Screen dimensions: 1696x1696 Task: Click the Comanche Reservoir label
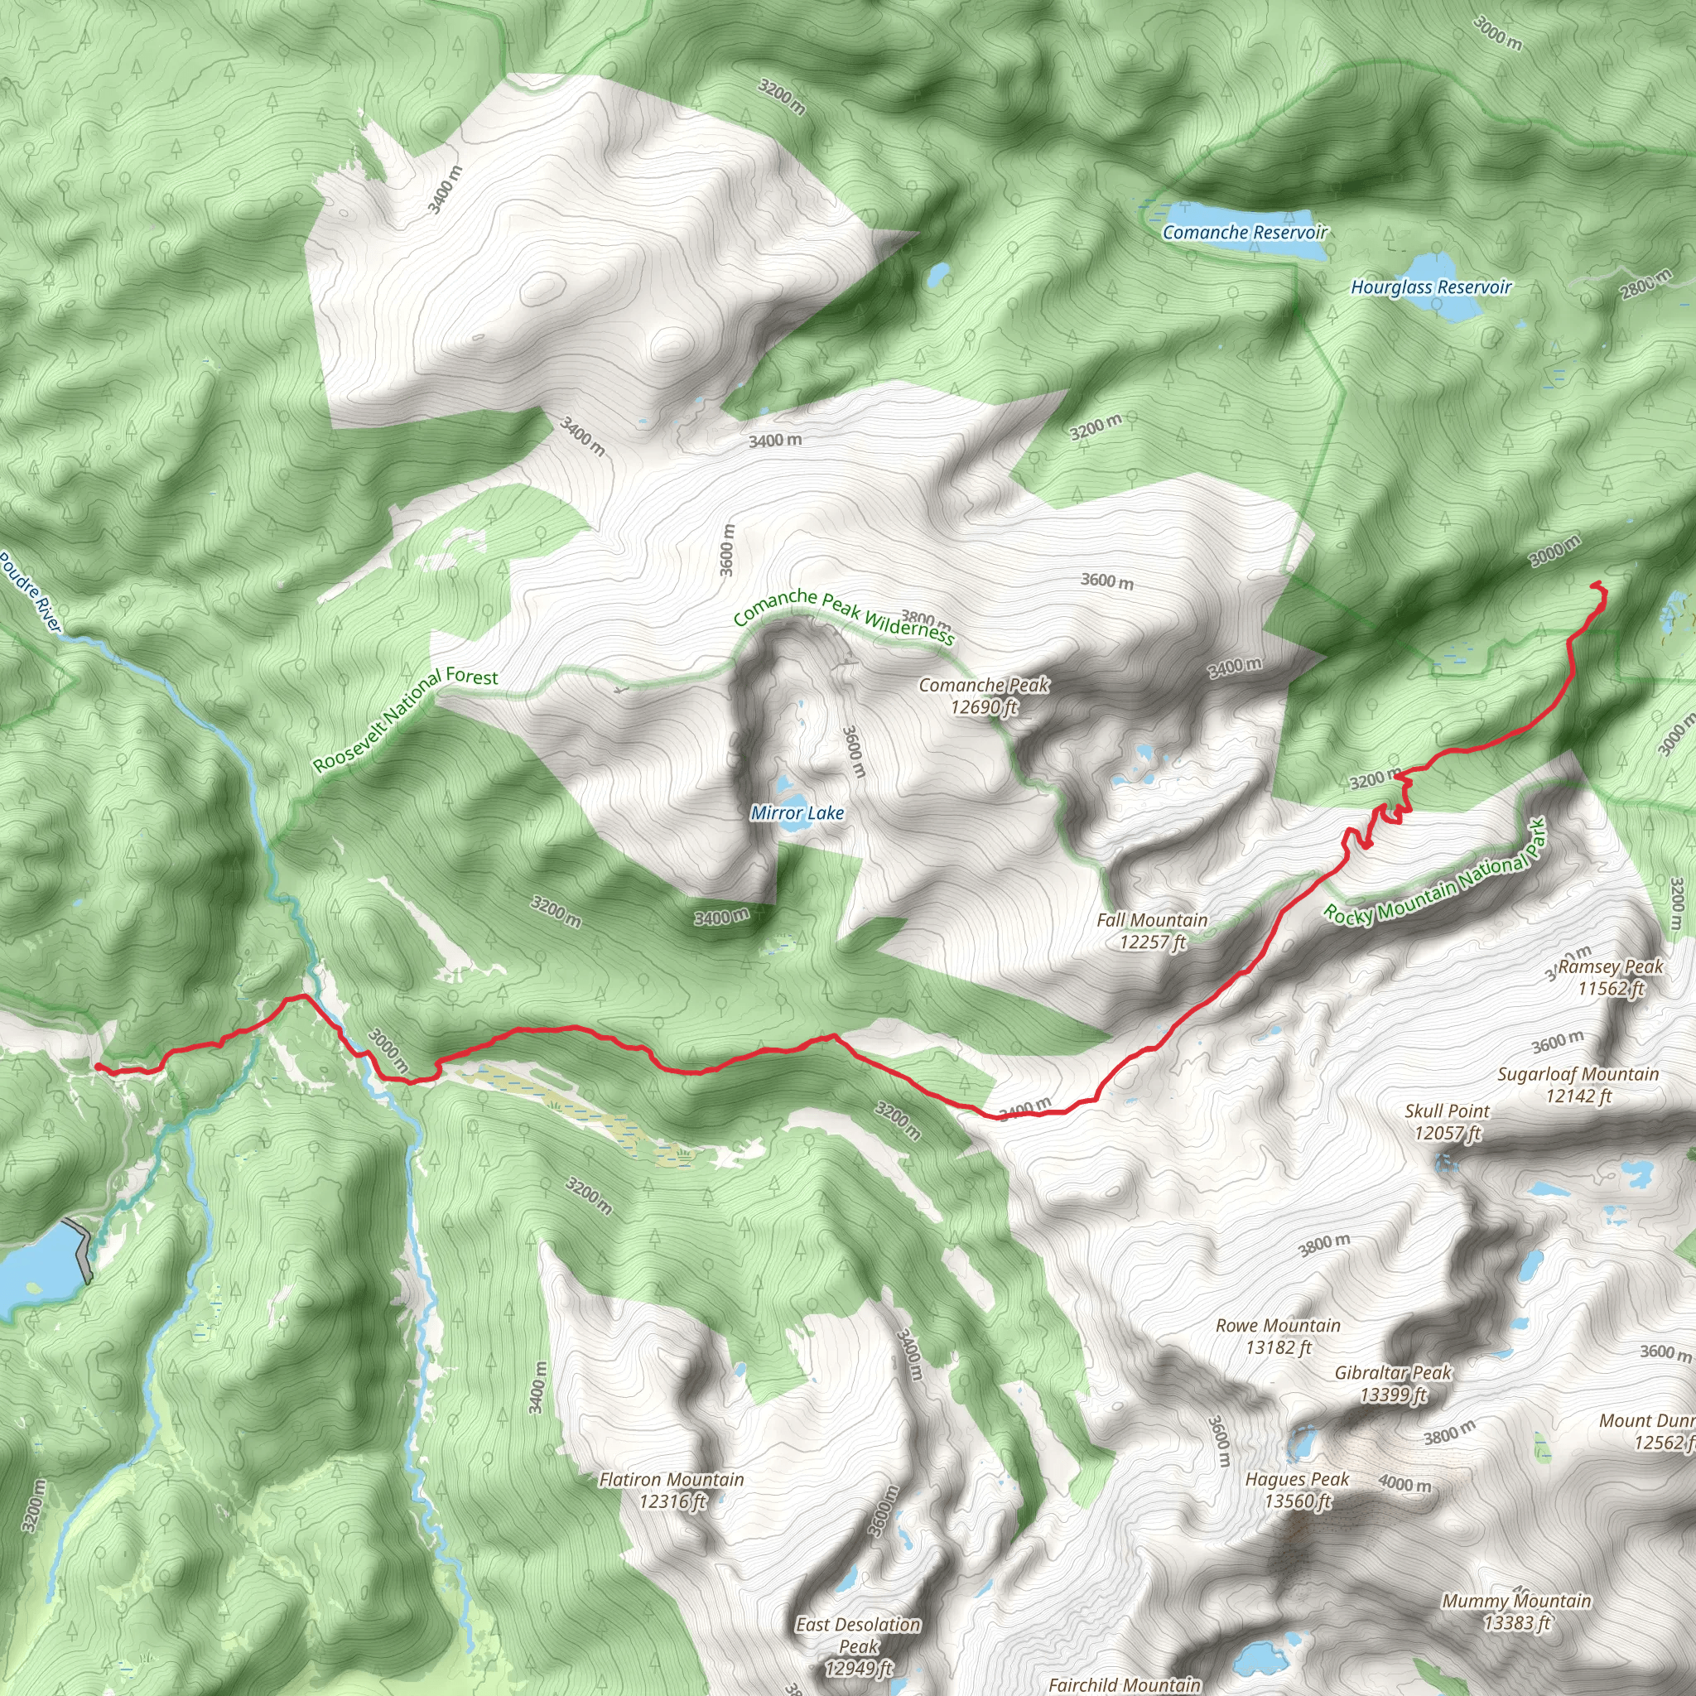[x=1244, y=233]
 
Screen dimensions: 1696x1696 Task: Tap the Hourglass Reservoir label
[x=1431, y=287]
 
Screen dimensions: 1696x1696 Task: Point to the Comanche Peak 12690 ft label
[x=983, y=696]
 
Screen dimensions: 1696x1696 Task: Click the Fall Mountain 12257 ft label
[x=1152, y=931]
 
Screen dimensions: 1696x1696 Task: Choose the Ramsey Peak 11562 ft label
[x=1611, y=977]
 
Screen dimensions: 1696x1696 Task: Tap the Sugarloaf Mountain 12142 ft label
[x=1578, y=1084]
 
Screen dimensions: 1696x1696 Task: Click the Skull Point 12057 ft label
[x=1447, y=1121]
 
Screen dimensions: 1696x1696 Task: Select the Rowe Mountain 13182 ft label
[x=1277, y=1335]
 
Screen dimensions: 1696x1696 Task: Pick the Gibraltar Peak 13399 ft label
[x=1392, y=1383]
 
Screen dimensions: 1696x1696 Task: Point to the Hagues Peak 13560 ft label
[x=1297, y=1490]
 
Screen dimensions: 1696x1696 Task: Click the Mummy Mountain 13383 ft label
[x=1516, y=1611]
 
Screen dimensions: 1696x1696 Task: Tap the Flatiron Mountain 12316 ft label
[x=672, y=1490]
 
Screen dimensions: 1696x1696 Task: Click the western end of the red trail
[x=96, y=1066]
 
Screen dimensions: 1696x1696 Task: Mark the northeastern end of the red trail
[x=1593, y=584]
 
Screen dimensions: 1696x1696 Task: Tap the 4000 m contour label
[x=1404, y=1483]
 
